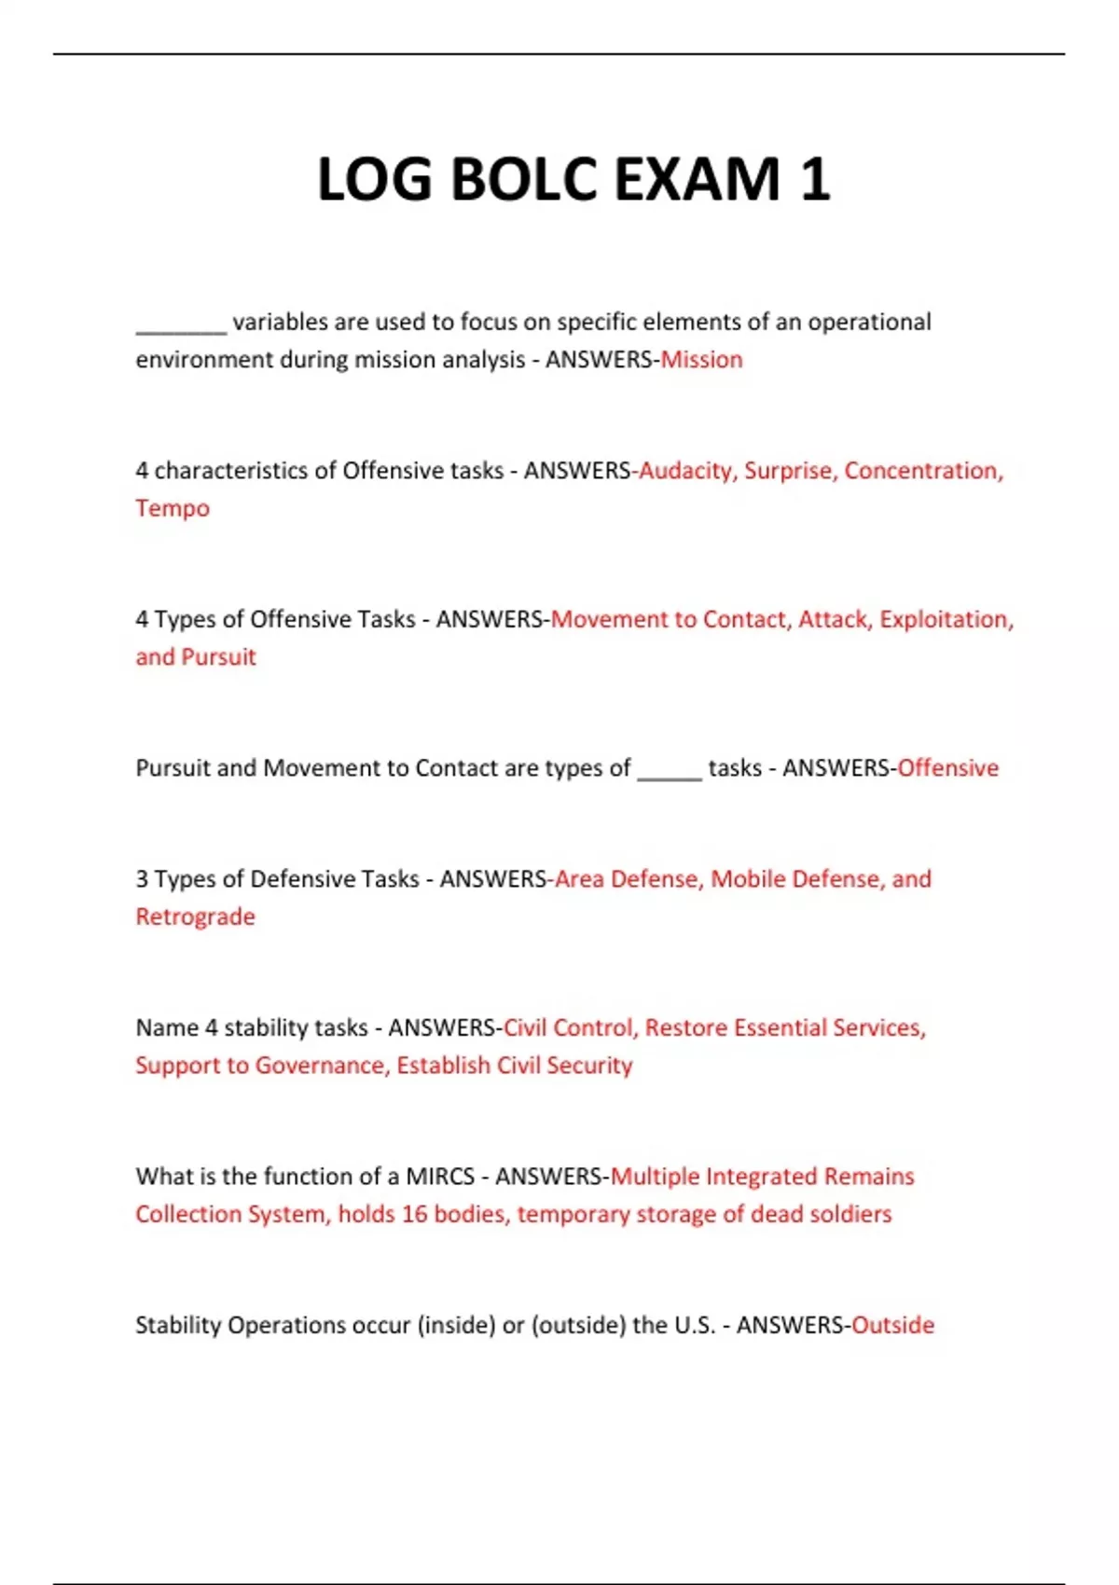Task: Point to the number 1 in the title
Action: click(814, 179)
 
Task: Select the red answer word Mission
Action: click(701, 360)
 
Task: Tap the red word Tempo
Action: click(173, 508)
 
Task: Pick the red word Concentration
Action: click(923, 471)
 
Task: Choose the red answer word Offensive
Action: click(947, 768)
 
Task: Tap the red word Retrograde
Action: click(195, 917)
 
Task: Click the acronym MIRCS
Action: click(440, 1177)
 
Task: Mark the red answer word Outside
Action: click(892, 1325)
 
